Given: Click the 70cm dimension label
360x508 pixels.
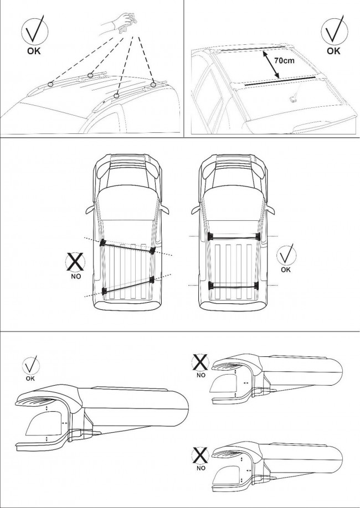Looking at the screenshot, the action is tap(285, 60).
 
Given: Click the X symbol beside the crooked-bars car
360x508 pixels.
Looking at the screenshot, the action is tap(75, 262).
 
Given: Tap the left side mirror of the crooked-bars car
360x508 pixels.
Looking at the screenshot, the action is tap(91, 209).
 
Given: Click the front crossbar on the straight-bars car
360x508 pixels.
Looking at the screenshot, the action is tap(234, 236).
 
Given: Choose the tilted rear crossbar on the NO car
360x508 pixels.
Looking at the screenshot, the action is tap(128, 285).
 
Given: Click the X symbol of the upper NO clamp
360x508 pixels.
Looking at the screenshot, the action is tap(200, 362).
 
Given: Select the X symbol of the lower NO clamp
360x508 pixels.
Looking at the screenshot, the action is tap(200, 455).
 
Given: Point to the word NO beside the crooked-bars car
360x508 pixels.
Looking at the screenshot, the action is tap(75, 276).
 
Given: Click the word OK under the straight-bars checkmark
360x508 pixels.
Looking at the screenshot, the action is tap(286, 270).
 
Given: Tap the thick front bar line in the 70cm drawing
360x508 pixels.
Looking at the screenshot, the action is tap(280, 81).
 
